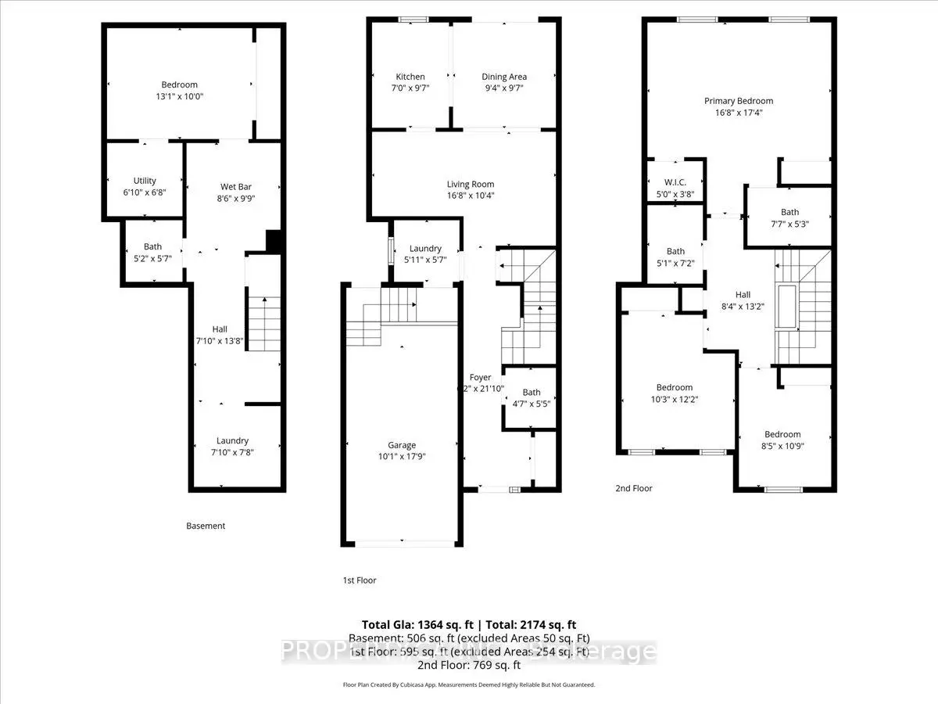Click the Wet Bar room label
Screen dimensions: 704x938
(236, 187)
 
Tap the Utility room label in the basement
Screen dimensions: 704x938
(145, 181)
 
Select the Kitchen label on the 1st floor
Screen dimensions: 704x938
(410, 77)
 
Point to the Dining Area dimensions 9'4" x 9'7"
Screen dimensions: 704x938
(504, 88)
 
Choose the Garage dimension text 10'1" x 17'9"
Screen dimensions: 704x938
(402, 457)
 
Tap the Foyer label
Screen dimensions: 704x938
(480, 378)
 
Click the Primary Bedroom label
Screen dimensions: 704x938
(738, 101)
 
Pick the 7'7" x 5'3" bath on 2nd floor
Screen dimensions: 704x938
(789, 224)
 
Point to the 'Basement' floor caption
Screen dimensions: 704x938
(206, 526)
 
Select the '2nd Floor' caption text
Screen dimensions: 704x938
(632, 488)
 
